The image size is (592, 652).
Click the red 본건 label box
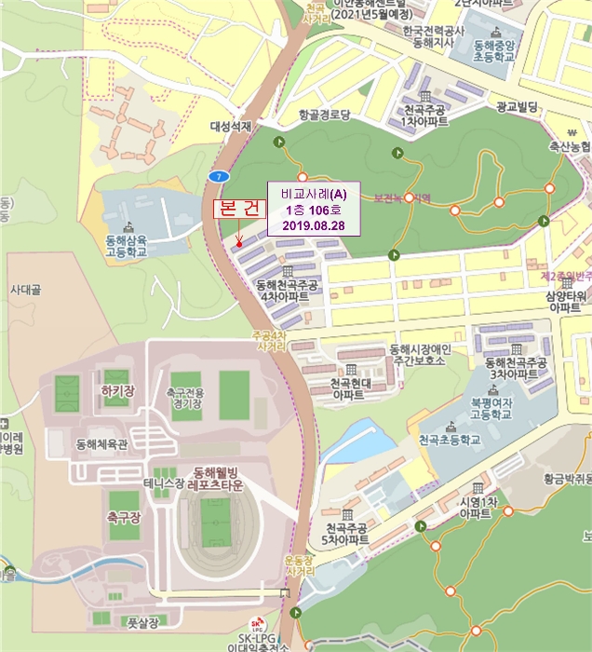click(238, 210)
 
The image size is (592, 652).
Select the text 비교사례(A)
click(313, 194)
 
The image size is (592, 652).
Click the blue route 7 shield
click(218, 176)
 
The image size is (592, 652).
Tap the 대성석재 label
click(232, 126)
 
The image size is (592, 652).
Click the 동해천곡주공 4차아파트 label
click(286, 291)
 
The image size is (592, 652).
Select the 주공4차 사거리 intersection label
click(269, 340)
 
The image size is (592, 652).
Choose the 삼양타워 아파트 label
click(564, 301)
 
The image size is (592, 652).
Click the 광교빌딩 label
click(518, 108)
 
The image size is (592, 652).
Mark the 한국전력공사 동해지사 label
click(432, 37)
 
